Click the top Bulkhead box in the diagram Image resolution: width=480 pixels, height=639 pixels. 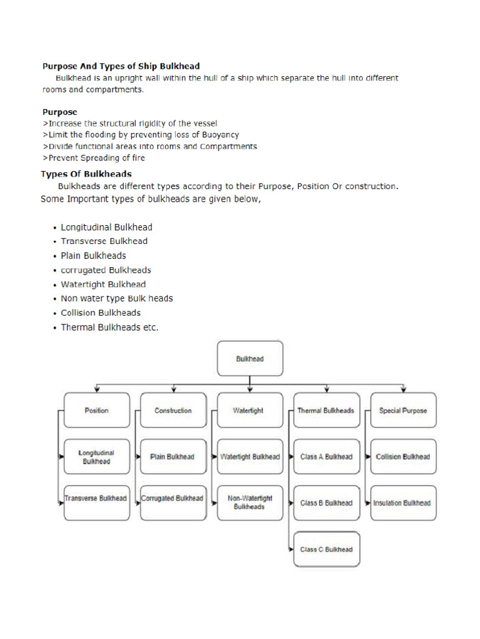[249, 359]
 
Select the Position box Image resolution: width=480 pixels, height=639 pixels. [96, 411]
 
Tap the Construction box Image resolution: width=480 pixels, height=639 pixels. [173, 411]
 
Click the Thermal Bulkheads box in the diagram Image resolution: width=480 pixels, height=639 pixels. [326, 411]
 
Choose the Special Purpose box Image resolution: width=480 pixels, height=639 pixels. [403, 411]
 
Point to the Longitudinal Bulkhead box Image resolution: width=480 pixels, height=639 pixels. [96, 457]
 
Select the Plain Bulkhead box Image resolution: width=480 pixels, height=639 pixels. [173, 457]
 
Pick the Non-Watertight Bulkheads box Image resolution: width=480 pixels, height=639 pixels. [249, 503]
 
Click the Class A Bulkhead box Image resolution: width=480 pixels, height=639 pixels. [326, 457]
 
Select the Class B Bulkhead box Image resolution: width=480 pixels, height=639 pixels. [326, 503]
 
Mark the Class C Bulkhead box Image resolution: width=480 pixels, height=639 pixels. [326, 549]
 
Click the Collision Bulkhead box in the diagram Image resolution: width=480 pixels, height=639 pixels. [403, 457]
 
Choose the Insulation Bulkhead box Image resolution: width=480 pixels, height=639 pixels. [403, 503]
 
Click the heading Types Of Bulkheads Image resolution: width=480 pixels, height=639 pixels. [86, 174]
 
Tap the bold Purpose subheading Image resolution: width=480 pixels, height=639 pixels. [60, 112]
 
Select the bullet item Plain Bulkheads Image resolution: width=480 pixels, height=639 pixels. [93, 256]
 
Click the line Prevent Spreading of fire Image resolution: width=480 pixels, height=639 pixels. [94, 158]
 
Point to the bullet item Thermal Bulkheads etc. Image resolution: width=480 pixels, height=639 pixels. [109, 328]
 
